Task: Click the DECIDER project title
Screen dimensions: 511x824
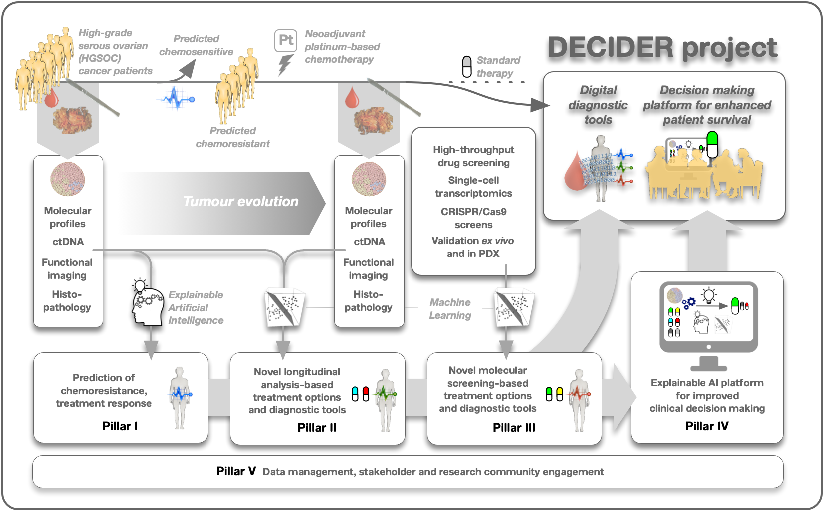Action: tap(662, 48)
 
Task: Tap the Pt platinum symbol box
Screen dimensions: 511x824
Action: tap(286, 40)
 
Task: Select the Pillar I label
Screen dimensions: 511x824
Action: tap(120, 426)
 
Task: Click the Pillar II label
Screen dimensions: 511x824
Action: tap(317, 427)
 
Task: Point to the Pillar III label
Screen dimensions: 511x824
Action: tap(514, 427)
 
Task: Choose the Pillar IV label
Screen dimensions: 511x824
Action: tap(707, 426)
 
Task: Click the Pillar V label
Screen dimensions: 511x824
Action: tap(236, 471)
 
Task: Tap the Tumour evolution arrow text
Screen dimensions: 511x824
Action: tap(240, 201)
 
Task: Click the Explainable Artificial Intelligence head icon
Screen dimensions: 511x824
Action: tap(148, 306)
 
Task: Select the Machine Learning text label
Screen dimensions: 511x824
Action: tap(450, 309)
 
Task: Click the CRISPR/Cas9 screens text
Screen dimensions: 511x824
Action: tap(473, 218)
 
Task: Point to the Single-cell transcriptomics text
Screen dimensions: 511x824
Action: tap(473, 187)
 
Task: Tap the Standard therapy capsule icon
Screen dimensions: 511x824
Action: tap(467, 67)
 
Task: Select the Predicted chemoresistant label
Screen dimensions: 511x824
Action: tap(232, 137)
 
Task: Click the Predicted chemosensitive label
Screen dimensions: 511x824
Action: tap(196, 45)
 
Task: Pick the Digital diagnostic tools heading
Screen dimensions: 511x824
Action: tap(598, 105)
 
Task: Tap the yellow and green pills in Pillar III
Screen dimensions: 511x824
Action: tap(554, 394)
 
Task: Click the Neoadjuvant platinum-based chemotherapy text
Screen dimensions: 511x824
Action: tap(342, 47)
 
